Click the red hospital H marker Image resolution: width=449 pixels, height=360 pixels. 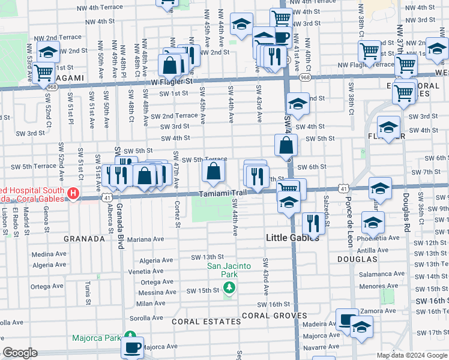coord(73,194)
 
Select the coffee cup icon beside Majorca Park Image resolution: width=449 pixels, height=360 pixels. coord(133,347)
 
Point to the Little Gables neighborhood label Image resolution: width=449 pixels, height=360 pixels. coord(291,238)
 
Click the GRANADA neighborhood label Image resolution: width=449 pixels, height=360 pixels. coord(85,239)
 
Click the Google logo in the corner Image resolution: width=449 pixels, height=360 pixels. coord(21,353)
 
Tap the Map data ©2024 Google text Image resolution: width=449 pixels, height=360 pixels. coord(411,355)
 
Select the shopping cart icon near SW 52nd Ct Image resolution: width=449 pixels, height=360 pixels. coord(43,72)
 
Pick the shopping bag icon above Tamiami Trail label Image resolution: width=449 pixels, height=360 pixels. coord(213,172)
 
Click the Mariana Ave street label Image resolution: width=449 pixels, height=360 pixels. coord(146,239)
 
